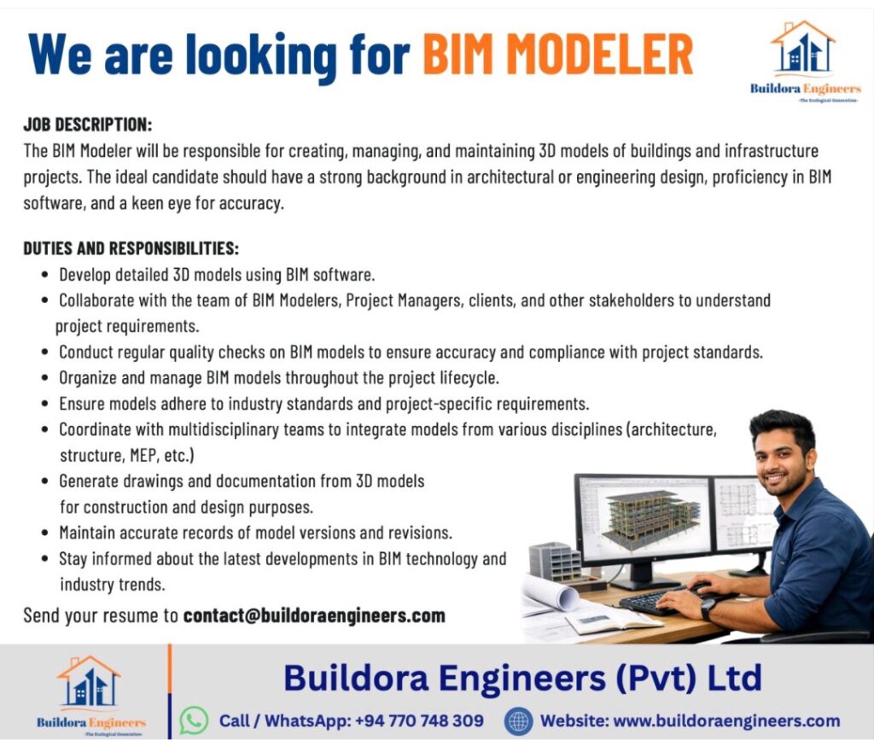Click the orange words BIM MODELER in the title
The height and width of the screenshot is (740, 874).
coord(558,55)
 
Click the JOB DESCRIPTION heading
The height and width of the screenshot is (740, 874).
coord(88,125)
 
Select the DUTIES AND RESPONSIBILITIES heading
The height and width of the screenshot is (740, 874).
coord(131,248)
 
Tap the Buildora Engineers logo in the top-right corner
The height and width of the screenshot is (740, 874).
coord(805,61)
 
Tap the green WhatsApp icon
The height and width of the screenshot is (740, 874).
coord(194,720)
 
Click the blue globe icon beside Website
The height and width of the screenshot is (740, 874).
coord(518,721)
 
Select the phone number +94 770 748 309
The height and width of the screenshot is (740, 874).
coord(418,720)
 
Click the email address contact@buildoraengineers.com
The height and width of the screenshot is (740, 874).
coord(314,615)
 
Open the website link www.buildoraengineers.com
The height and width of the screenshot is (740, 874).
coord(726,720)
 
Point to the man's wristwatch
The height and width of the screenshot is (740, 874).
coord(708,609)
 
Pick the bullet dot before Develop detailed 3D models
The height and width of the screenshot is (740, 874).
coord(44,275)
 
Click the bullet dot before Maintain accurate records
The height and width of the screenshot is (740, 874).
coord(44,533)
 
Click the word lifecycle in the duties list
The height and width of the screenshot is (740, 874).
coord(469,378)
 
